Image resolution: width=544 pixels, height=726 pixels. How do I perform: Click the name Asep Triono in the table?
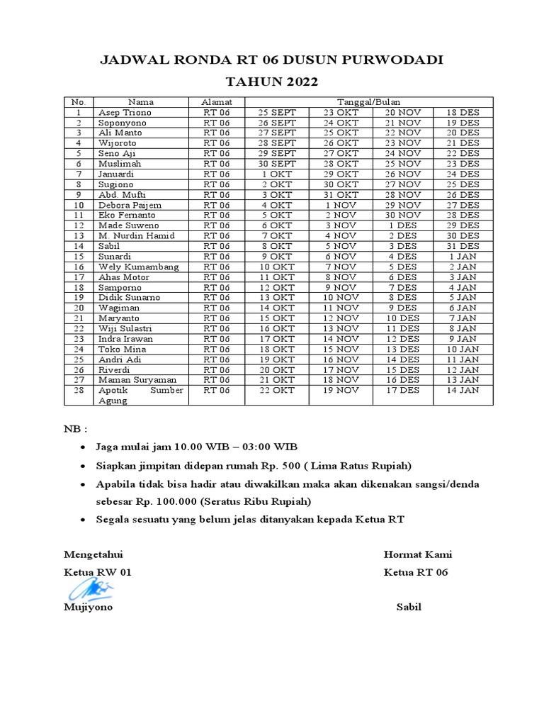pos(125,112)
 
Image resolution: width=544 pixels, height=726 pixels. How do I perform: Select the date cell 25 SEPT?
pos(277,112)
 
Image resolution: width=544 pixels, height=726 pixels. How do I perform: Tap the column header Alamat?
pos(217,102)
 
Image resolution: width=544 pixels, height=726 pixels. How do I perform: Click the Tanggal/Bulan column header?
pos(368,102)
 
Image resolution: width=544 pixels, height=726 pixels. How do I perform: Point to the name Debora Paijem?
pos(131,205)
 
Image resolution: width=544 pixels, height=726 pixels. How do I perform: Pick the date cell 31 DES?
pos(463,246)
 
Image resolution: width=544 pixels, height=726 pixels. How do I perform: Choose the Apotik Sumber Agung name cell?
pos(141,395)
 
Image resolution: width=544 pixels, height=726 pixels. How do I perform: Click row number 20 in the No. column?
pos(80,308)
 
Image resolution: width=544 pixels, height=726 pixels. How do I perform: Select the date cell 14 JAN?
pos(463,390)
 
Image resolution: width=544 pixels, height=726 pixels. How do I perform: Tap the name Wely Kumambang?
pos(139,267)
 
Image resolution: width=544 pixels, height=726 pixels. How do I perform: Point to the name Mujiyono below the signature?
pos(88,608)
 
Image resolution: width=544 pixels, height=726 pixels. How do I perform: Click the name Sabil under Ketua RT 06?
pos(409,608)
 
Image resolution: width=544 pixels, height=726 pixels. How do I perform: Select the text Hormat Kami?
pos(418,554)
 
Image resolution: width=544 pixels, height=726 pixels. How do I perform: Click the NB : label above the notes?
pos(76,430)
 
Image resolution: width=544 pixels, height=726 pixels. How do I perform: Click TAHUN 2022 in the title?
pos(271,82)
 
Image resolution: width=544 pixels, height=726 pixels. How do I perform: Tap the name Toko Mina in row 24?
pos(123,349)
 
